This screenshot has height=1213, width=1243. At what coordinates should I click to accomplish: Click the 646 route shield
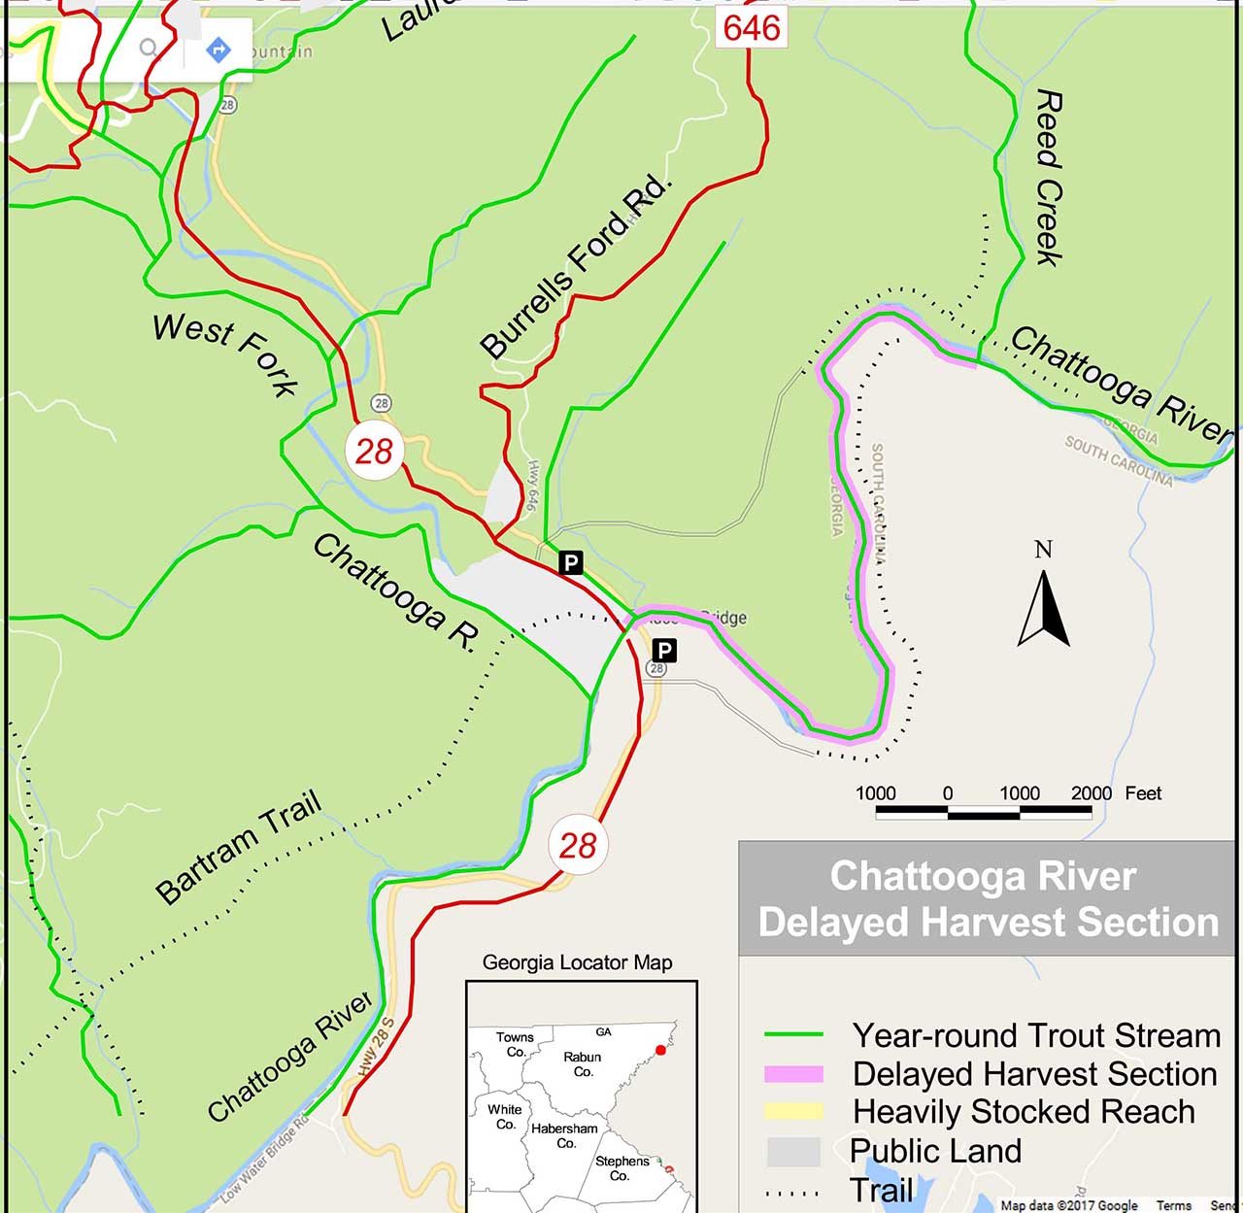[x=752, y=27]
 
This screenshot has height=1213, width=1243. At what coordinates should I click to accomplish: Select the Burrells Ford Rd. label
[x=575, y=267]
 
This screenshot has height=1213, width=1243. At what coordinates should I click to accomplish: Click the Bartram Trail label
[x=239, y=848]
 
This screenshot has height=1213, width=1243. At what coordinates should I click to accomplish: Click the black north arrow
[x=1044, y=607]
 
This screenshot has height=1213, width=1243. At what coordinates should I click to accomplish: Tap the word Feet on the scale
[x=1143, y=793]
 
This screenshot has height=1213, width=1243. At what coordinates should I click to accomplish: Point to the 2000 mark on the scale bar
[x=1091, y=793]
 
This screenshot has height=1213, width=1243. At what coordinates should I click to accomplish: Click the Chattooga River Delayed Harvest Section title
[x=987, y=899]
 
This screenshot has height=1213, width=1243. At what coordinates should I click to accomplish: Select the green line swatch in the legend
[x=793, y=1035]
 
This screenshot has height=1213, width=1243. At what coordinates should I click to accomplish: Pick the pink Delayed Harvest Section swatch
[x=793, y=1074]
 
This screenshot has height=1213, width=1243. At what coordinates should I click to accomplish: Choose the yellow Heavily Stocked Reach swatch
[x=793, y=1111]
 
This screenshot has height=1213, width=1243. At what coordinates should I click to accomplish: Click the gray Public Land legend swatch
[x=793, y=1151]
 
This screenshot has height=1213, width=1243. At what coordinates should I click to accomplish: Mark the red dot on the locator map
[x=661, y=1050]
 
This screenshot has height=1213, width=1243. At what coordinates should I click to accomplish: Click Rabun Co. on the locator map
[x=583, y=1064]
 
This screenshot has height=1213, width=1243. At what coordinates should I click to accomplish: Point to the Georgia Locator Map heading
[x=577, y=963]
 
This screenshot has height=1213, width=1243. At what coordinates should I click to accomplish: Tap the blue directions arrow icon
[x=218, y=49]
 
